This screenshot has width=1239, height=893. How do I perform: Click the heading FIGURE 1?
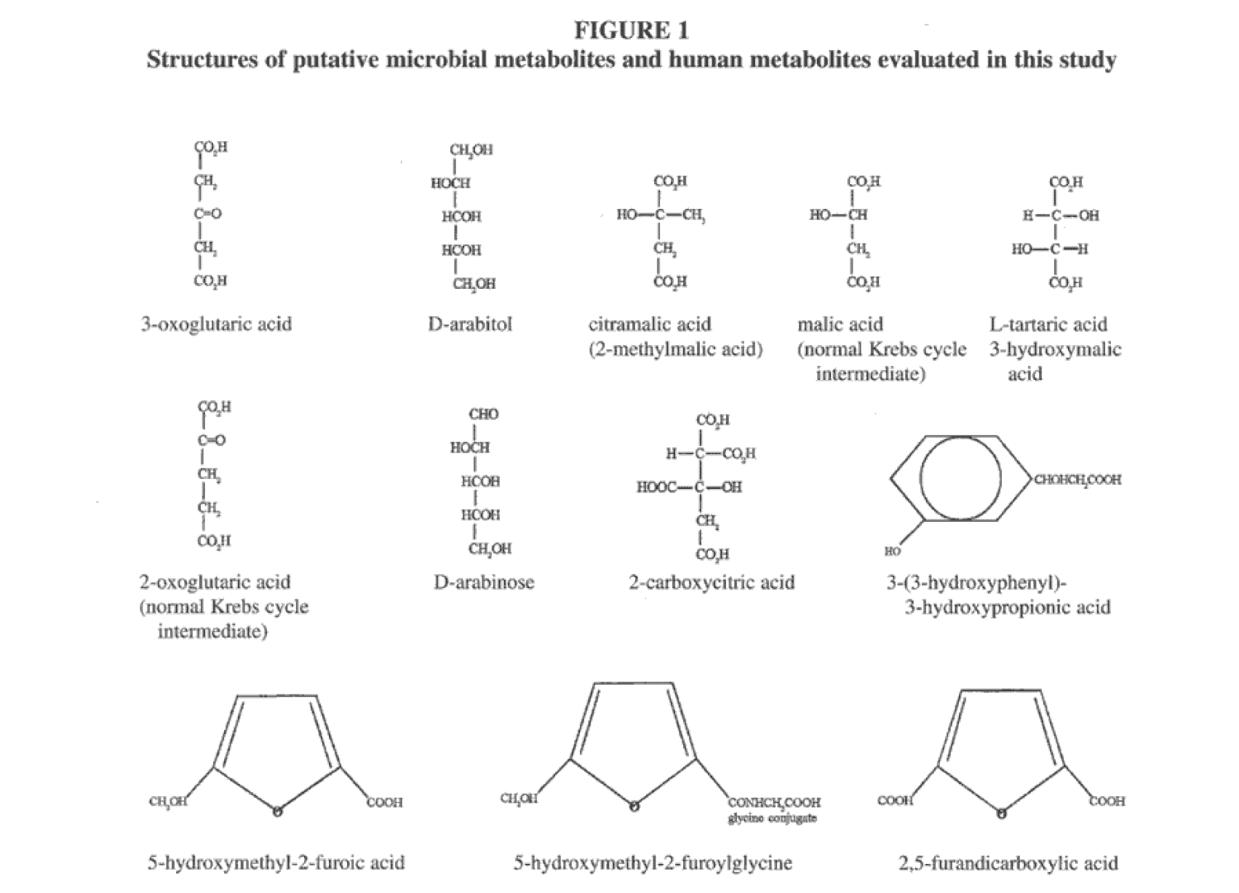pos(631,31)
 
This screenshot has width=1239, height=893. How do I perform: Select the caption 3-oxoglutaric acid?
pos(216,325)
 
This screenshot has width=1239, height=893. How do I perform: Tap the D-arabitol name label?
pos(469,325)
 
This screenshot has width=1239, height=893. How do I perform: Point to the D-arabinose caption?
pos(483,582)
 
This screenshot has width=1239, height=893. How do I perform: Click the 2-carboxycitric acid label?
pos(711,582)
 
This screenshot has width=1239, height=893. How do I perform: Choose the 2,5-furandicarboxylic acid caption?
pos(1008,863)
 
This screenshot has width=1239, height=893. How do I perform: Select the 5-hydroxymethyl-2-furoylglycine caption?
pos(653,863)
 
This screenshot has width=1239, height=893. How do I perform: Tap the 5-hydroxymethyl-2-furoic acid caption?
pos(275,863)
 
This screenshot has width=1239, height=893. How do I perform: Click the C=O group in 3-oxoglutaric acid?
pos(207,215)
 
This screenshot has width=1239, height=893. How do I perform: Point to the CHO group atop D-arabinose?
pos(483,415)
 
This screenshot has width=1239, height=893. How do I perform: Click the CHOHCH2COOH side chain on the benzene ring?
pos(1078,480)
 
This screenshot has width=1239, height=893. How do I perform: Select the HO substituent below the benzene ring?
pos(891,552)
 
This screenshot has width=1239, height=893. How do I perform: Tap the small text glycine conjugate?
pos(772,819)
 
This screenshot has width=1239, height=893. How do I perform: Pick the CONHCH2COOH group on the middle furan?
pos(774,803)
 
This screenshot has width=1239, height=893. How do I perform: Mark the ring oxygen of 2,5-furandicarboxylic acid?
pos(1001,813)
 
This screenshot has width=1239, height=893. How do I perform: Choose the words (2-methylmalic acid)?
pos(675,350)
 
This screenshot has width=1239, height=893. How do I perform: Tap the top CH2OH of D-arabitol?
pos(471,150)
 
